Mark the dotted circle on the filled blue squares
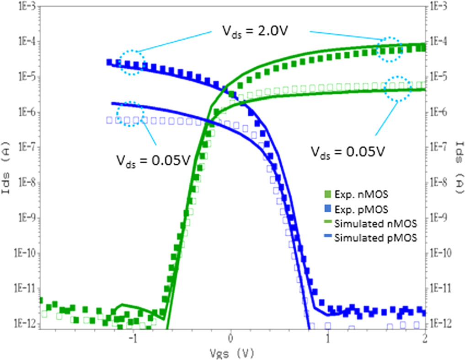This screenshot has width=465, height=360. [132, 62]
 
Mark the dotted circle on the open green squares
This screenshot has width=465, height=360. [397, 88]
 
